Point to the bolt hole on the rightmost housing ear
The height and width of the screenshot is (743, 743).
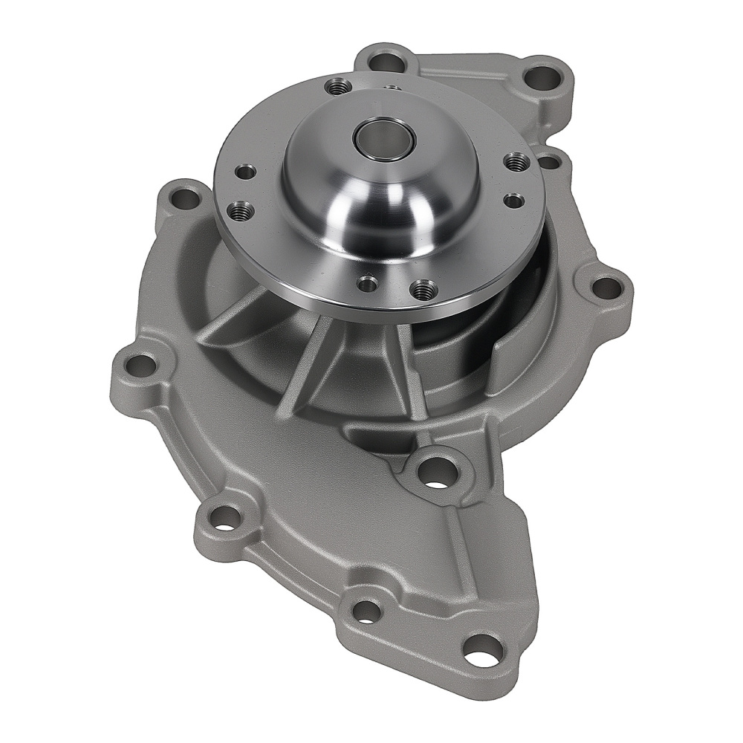tap(607, 288)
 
